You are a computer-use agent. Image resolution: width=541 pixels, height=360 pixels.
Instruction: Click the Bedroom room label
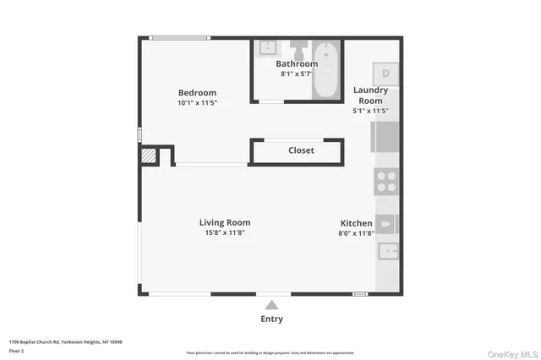(x=197, y=93)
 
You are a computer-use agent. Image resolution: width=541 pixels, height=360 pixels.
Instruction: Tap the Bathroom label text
(x=297, y=64)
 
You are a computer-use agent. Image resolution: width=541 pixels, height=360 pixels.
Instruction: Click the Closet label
(x=301, y=150)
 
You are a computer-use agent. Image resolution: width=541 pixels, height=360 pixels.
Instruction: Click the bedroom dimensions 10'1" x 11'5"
(x=197, y=103)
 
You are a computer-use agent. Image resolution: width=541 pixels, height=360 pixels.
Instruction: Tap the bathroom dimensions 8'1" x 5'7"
(x=297, y=74)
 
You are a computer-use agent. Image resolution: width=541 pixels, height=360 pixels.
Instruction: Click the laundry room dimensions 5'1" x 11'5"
(x=370, y=111)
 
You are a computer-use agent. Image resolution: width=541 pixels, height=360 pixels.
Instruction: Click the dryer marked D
(x=386, y=73)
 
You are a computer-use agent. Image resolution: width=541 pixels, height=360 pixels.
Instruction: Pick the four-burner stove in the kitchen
(x=387, y=182)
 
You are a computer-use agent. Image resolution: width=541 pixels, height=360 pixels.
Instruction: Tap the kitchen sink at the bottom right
(x=387, y=251)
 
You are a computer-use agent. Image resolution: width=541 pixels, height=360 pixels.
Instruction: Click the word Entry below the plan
(x=271, y=319)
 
